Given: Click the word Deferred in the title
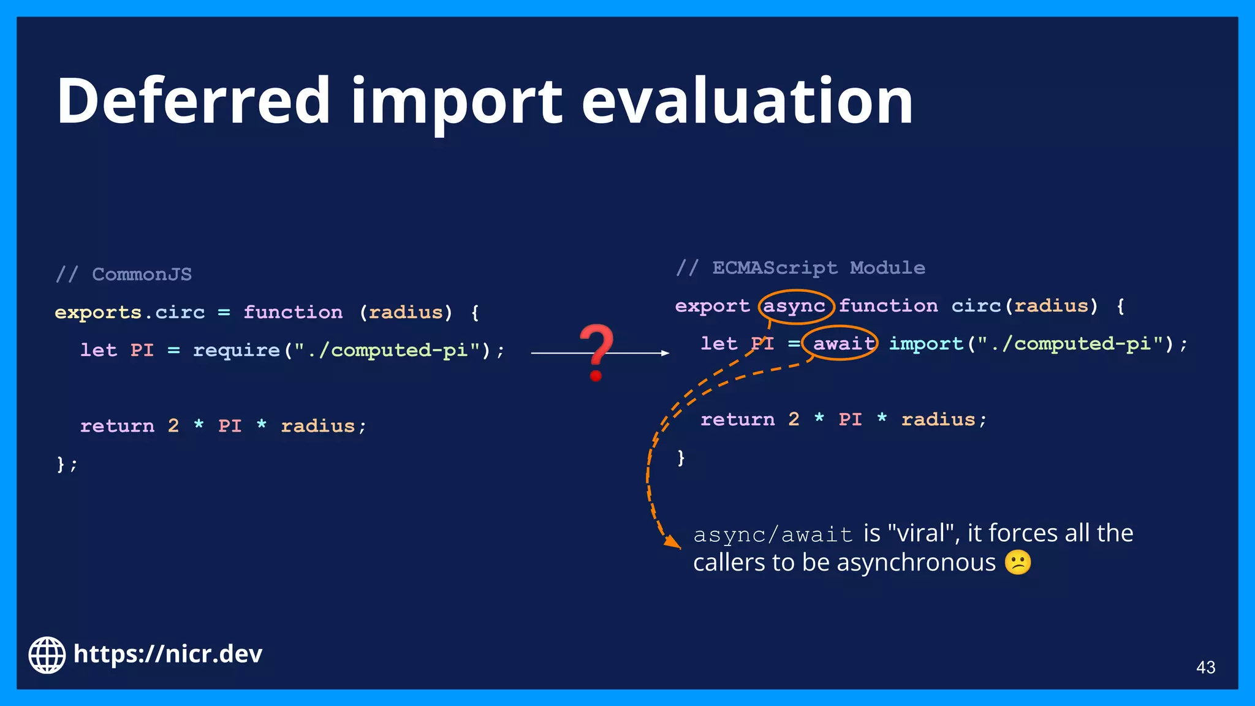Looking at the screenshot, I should click(x=194, y=101).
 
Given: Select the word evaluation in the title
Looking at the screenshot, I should click(x=747, y=101).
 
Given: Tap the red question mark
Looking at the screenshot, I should click(x=596, y=352).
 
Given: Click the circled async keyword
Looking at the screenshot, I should click(x=794, y=306).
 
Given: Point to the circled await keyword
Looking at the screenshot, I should click(x=843, y=344).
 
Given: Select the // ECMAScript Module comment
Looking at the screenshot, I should click(x=800, y=268).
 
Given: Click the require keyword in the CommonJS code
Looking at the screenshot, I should click(x=237, y=350).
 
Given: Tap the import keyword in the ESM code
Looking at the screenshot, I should click(x=926, y=344).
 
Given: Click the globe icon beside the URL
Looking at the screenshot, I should click(x=47, y=655).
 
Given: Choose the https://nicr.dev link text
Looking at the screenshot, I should click(x=167, y=654).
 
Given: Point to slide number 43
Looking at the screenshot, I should click(x=1205, y=667).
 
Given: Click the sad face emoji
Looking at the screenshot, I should click(x=1018, y=563).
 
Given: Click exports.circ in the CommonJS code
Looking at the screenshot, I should click(x=130, y=312).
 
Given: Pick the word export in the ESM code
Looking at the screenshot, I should click(x=712, y=306).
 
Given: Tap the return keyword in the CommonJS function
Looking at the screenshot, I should click(x=117, y=426).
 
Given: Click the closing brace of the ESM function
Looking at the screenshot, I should click(x=681, y=457).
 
